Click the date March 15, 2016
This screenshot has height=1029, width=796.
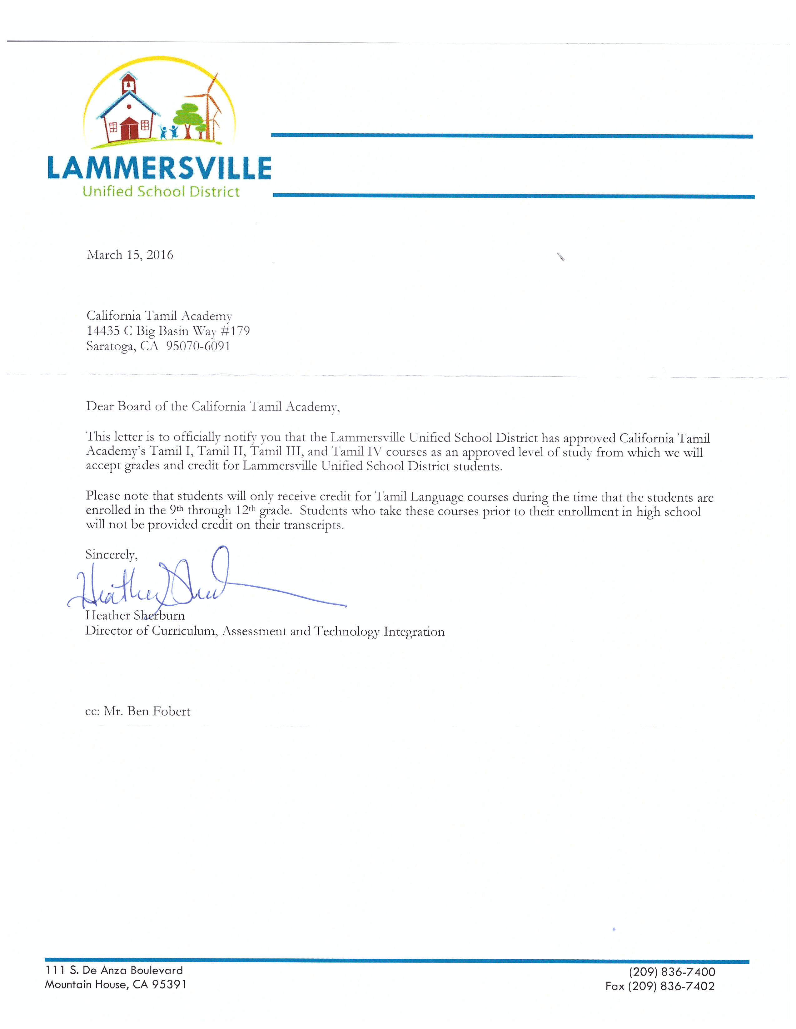pyautogui.click(x=130, y=255)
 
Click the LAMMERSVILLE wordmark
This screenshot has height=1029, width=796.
pyautogui.click(x=159, y=168)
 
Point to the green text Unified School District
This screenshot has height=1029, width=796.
pyautogui.click(x=161, y=192)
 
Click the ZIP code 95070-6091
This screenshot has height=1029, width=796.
pyautogui.click(x=198, y=346)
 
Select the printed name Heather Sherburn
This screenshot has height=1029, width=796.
pyautogui.click(x=135, y=615)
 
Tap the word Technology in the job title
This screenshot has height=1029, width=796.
pyautogui.click(x=346, y=631)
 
